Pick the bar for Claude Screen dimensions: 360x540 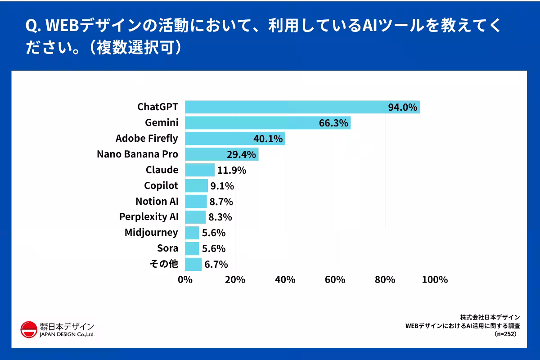pos(200,170)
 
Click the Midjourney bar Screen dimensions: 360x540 pos(192,233)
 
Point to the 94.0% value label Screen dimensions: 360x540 pos(403,108)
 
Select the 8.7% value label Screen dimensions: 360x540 pos(221,202)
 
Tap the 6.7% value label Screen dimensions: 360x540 pos(216,264)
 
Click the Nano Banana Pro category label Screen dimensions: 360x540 pos(138,154)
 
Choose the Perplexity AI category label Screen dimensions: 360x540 pos(149,217)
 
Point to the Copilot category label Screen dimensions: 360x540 pos(161,185)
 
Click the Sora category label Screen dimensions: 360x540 pos(168,248)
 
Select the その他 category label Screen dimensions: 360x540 pos(164,264)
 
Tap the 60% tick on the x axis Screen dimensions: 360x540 pos(335,279)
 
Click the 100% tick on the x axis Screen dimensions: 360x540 pos(435,279)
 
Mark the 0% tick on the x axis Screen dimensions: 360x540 pos(185,279)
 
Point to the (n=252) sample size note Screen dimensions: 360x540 pos(507,334)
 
